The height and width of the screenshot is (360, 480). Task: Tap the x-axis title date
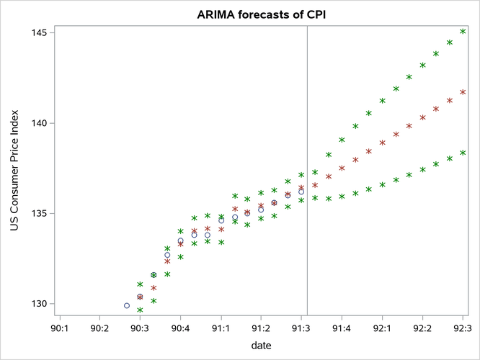tap(261, 346)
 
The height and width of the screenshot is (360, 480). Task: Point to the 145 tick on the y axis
tap(37, 33)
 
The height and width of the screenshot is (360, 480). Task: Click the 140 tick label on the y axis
tap(37, 123)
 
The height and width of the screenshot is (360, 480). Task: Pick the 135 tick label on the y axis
tap(37, 214)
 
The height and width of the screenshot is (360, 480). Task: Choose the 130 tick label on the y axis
tap(37, 304)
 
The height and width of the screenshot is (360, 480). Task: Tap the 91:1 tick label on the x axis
tap(221, 328)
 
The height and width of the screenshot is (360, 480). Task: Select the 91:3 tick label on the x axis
tap(301, 328)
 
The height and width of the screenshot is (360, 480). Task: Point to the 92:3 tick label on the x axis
tap(463, 328)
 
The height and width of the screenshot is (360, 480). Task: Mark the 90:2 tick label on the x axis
tap(99, 328)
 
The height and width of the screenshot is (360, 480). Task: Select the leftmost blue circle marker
tap(127, 305)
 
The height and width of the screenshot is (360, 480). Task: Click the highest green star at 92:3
tap(463, 32)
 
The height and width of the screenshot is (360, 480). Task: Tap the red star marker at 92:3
tap(463, 92)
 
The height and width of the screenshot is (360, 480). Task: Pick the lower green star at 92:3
tap(463, 153)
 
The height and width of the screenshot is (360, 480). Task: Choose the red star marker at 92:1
tap(382, 143)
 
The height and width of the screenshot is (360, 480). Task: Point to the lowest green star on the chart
tap(140, 310)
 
